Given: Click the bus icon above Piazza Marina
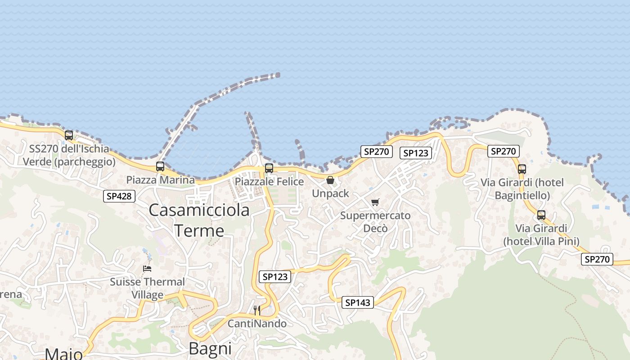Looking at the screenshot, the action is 160,166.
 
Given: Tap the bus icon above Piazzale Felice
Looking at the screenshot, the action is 269,168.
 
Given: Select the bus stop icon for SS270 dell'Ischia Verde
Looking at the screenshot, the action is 69,135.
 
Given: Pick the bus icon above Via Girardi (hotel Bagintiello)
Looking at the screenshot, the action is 522,169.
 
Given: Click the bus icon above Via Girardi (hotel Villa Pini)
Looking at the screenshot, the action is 541,215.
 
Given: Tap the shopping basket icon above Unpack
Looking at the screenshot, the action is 330,180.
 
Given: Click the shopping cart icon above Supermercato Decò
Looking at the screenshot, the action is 375,202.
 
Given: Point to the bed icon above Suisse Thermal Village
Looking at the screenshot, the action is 147,269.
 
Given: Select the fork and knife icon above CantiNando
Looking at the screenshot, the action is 257,310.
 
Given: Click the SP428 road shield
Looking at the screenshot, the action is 119,196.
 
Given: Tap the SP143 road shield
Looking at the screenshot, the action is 358,302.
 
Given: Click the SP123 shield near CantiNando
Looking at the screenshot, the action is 275,277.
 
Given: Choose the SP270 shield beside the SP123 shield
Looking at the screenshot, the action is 376,152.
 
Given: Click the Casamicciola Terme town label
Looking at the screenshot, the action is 199,220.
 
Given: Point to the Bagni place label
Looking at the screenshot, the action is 210,348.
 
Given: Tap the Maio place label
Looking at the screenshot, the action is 63,354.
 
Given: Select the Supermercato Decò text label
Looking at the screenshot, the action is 375,221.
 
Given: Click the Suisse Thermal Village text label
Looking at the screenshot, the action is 148,288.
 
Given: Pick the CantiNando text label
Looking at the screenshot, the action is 257,324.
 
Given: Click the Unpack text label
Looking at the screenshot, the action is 331,193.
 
